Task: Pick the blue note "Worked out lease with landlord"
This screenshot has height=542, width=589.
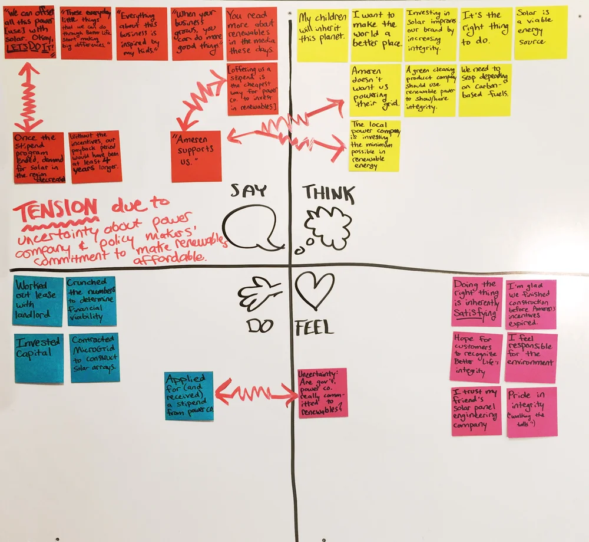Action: [38, 301]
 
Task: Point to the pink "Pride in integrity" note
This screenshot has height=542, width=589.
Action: [531, 412]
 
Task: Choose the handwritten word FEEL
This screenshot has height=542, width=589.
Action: [315, 327]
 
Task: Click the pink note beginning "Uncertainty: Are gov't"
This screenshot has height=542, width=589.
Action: [322, 392]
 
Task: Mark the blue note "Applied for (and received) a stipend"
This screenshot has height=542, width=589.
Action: [189, 396]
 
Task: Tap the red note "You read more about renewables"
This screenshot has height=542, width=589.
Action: [252, 34]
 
